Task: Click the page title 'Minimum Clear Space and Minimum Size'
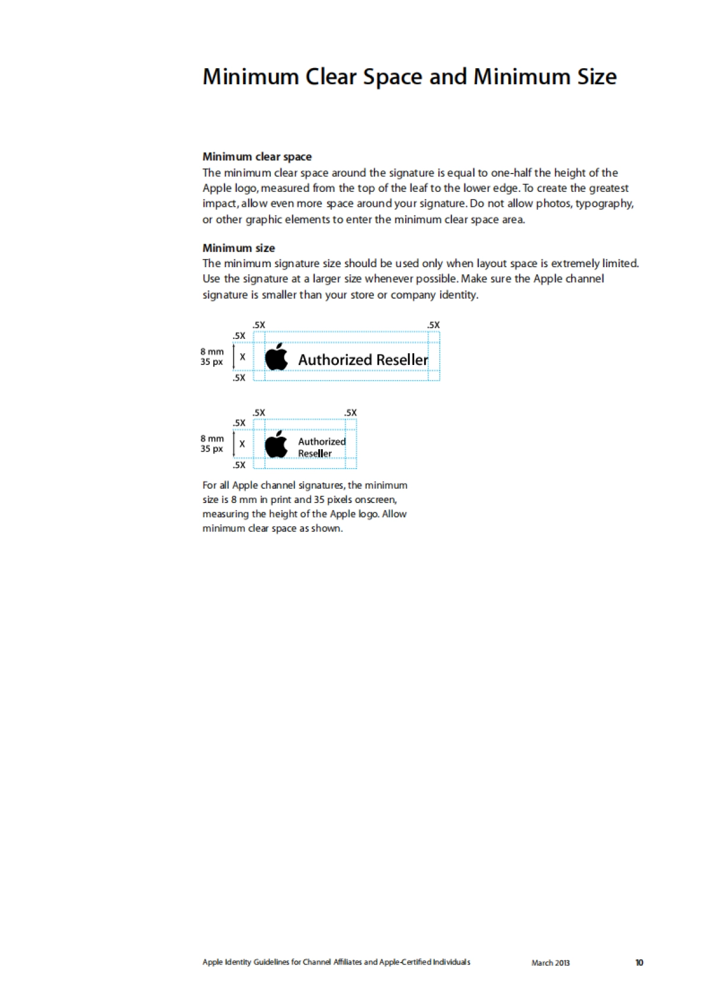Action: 409,77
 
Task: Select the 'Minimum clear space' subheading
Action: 257,157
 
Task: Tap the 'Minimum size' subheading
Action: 238,248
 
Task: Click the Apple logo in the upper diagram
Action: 276,357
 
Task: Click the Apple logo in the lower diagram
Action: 276,444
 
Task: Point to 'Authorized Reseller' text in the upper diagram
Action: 363,360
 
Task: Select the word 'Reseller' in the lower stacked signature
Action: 315,454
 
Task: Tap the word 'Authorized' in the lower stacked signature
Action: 322,441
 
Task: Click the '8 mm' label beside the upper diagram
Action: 212,351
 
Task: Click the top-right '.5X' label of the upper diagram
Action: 434,325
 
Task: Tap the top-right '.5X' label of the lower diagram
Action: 351,413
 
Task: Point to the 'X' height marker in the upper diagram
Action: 242,357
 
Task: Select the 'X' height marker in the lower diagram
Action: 242,444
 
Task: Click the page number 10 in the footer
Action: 639,963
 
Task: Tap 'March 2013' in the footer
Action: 550,963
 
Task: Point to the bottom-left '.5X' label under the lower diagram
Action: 239,465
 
